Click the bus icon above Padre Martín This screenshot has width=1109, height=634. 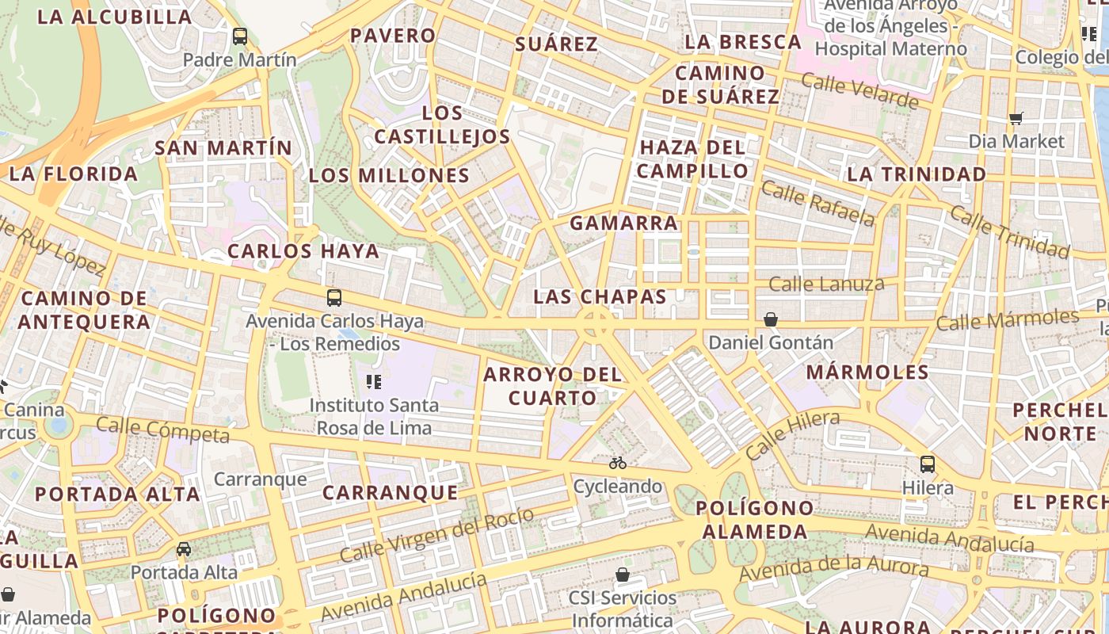240,36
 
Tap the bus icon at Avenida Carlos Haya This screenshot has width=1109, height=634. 334,298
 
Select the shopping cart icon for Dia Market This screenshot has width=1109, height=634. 1016,119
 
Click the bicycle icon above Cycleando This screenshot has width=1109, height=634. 618,463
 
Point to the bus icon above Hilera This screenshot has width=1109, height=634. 928,464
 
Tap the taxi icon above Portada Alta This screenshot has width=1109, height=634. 184,548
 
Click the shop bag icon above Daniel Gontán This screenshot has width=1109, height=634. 770,319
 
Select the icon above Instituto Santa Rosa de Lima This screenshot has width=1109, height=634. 374,383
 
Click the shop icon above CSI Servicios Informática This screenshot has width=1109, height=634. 623,574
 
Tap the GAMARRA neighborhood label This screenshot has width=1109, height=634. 624,223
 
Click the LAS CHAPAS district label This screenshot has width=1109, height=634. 600,297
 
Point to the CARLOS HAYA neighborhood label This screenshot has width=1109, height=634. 303,251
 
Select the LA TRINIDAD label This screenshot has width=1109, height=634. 917,174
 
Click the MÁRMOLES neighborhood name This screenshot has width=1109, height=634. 867,372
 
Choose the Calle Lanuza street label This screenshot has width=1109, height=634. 826,284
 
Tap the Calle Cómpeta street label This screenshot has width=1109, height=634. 162,429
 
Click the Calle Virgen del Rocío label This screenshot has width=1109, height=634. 436,535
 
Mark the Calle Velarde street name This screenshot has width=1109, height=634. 859,90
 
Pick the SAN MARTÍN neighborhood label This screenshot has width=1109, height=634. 223,148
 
